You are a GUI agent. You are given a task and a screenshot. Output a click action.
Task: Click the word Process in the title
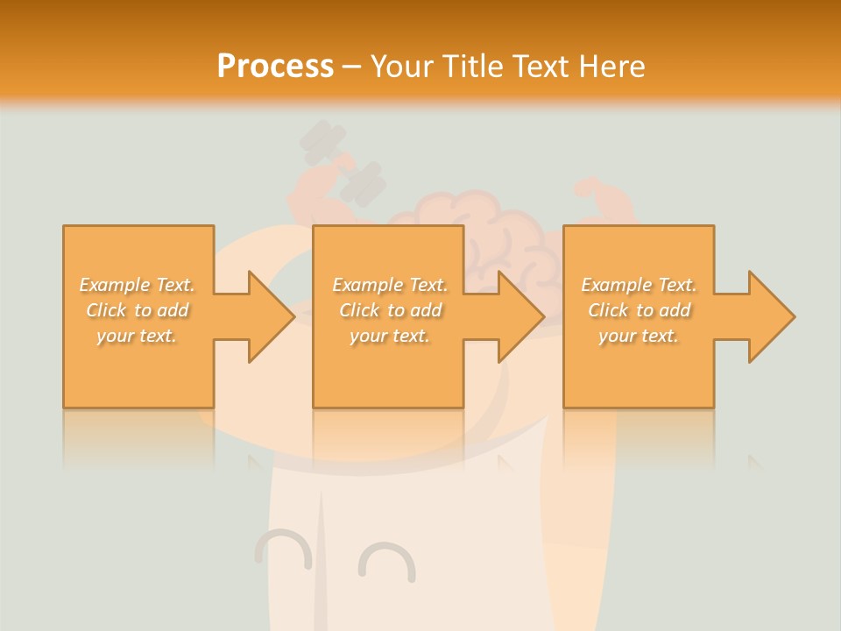click(x=275, y=67)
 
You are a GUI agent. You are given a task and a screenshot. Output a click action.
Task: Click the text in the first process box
click(x=138, y=310)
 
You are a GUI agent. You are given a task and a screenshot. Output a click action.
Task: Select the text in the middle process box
click(x=390, y=310)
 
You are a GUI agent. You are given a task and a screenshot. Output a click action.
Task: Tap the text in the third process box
click(x=639, y=310)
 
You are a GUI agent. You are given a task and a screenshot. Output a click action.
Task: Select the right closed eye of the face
click(x=386, y=562)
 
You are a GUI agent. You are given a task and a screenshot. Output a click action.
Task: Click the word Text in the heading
click(x=542, y=67)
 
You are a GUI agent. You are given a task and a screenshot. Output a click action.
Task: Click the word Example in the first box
click(x=115, y=285)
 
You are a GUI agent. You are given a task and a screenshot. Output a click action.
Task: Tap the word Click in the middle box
click(x=358, y=310)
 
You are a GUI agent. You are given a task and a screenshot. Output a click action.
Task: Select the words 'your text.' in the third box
click(x=639, y=336)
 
